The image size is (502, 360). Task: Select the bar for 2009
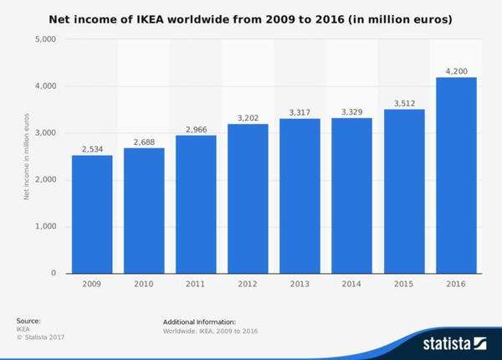click(92, 214)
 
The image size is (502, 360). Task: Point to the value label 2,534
click(92, 149)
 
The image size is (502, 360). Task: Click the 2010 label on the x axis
click(144, 285)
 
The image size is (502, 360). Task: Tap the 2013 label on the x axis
click(300, 285)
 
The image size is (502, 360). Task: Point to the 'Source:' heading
click(28, 321)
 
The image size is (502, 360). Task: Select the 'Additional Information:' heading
click(199, 321)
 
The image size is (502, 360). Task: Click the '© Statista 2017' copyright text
click(40, 337)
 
